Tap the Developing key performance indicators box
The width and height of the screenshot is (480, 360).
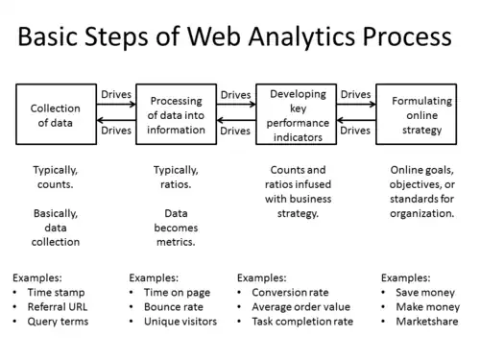click(297, 115)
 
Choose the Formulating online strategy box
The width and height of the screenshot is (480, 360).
click(416, 115)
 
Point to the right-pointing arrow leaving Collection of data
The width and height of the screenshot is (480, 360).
click(115, 105)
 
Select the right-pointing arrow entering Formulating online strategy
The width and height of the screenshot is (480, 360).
click(355, 105)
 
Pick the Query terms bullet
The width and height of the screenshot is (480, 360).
click(57, 321)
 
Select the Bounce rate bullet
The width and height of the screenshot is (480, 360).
click(176, 305)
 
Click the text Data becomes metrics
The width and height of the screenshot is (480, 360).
click(175, 228)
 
